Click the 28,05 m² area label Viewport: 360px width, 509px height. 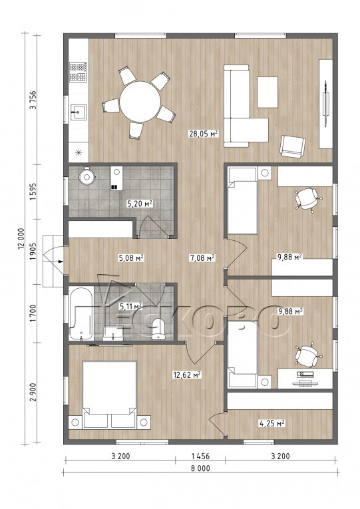click(x=203, y=134)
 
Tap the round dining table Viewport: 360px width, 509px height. click(x=140, y=102)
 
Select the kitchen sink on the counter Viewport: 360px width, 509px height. click(x=79, y=112)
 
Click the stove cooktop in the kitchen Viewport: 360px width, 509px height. click(x=79, y=72)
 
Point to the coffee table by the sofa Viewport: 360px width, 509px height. click(x=268, y=92)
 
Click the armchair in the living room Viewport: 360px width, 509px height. click(x=293, y=146)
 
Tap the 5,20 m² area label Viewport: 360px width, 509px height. click(x=140, y=204)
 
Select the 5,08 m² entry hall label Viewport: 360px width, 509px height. click(x=131, y=258)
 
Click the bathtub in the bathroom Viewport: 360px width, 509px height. click(x=81, y=313)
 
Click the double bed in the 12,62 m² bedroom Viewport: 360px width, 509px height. click(x=109, y=395)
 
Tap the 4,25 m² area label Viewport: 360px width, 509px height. click(x=271, y=423)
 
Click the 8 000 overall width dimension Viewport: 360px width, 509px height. click(x=200, y=468)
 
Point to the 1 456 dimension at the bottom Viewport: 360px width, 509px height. click(x=200, y=456)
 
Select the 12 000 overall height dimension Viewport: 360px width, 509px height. click(x=21, y=239)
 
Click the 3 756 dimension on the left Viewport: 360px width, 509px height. click(x=33, y=100)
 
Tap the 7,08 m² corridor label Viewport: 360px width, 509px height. click(x=202, y=258)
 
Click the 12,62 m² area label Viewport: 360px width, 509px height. click(x=187, y=375)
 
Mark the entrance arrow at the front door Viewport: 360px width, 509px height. click(x=61, y=261)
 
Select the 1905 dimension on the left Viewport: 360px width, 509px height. click(x=33, y=252)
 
